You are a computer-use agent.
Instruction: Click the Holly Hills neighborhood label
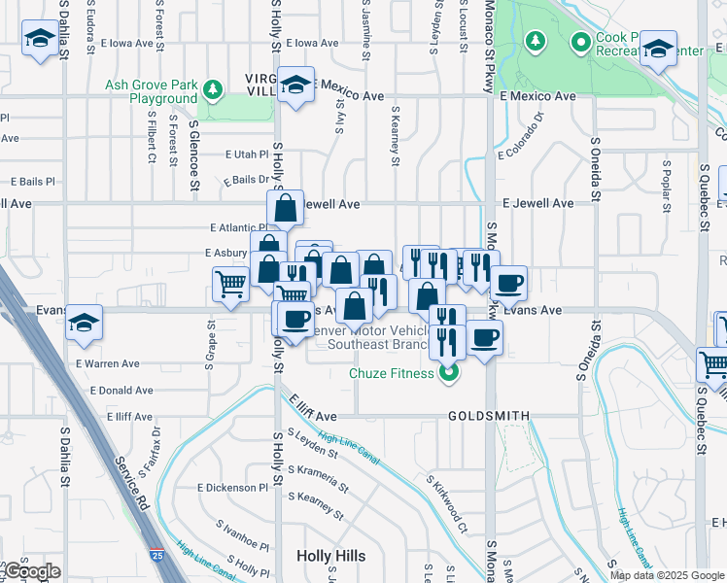331,555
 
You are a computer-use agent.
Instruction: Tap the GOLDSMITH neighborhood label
489,416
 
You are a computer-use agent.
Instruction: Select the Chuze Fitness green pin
448,372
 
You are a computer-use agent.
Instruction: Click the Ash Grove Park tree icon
213,91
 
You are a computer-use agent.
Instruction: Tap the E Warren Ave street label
107,364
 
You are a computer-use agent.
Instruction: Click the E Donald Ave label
121,391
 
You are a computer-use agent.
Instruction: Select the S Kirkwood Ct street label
446,504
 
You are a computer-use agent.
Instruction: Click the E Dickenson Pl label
231,487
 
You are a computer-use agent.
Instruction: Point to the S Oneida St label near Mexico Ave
596,174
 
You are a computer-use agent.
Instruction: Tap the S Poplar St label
667,186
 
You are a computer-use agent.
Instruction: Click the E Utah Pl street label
246,154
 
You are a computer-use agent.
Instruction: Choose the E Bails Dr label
245,180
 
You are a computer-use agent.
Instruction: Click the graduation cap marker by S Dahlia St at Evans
85,323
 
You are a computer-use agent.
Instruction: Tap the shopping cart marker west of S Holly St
230,285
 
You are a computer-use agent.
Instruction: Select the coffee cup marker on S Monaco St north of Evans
508,284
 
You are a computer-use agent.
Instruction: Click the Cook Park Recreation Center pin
581,43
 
